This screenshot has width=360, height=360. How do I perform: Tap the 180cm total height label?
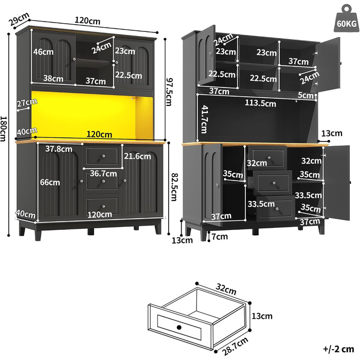point(4,129)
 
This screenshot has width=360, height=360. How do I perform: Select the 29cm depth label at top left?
point(19,19)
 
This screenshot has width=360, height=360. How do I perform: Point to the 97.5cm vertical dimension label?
point(169,92)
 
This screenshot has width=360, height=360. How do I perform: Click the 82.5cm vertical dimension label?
point(174,187)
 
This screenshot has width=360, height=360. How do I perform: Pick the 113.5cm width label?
point(260,103)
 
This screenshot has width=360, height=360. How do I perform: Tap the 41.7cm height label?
point(204,119)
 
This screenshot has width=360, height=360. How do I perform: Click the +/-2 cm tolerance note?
point(338,349)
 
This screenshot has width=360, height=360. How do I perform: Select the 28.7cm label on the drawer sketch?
point(235,346)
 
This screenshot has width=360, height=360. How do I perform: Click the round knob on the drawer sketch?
point(179,327)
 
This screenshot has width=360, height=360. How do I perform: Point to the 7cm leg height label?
point(220,237)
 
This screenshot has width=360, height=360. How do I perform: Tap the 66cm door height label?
point(50,183)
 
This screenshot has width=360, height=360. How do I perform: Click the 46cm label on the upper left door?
point(43,52)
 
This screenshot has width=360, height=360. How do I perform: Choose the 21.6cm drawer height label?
point(137,156)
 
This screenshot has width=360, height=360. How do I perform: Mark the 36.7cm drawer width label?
point(103,174)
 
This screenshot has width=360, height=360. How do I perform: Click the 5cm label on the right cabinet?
point(305,95)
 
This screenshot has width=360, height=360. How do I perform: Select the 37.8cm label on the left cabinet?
point(59,149)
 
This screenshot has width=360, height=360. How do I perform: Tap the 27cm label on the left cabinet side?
point(27,103)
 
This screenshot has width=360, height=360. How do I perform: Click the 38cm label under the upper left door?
point(53,79)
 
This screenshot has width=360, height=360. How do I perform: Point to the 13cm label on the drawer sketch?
point(262,316)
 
